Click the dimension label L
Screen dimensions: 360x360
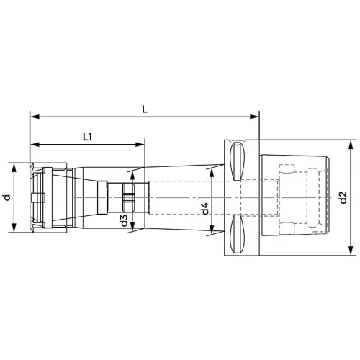click(145, 109)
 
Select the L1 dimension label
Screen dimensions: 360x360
click(88, 138)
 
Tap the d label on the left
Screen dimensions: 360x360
click(7, 197)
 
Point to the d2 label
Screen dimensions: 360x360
click(343, 197)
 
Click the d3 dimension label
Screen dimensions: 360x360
click(124, 220)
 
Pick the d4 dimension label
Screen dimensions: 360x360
click(205, 208)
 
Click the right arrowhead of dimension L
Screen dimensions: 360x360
click(255, 117)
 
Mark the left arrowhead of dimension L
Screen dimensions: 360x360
click(35, 117)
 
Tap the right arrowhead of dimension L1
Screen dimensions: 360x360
click(140, 145)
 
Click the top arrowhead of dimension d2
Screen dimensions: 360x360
click(351, 145)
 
